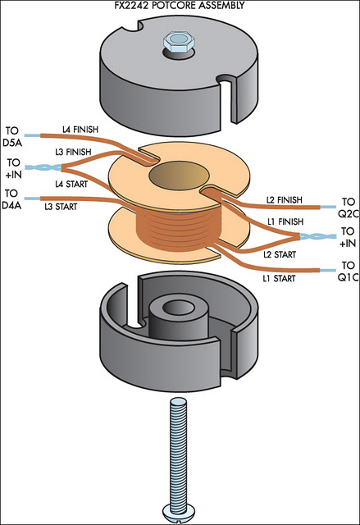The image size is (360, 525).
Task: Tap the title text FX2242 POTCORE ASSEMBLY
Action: [x=180, y=5]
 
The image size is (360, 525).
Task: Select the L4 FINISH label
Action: [x=80, y=130]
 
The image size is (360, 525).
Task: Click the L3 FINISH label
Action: [x=73, y=152]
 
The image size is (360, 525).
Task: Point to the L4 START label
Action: [x=71, y=184]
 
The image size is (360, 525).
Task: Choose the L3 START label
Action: [x=61, y=207]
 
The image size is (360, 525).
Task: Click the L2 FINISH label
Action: [x=284, y=200]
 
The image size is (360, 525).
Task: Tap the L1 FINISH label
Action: [x=285, y=221]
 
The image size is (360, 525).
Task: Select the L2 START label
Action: [x=280, y=254]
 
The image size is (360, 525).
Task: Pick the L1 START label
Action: [x=279, y=278]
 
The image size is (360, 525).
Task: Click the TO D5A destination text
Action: [x=12, y=137]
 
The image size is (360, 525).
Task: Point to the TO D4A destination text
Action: [x=11, y=199]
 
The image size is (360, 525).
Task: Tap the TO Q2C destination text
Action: [x=348, y=208]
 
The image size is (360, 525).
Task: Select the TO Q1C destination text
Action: [x=348, y=272]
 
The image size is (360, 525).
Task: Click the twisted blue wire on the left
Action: [x=43, y=167]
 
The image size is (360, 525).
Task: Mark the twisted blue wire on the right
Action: [x=318, y=237]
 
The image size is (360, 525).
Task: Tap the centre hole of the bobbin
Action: [x=180, y=176]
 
